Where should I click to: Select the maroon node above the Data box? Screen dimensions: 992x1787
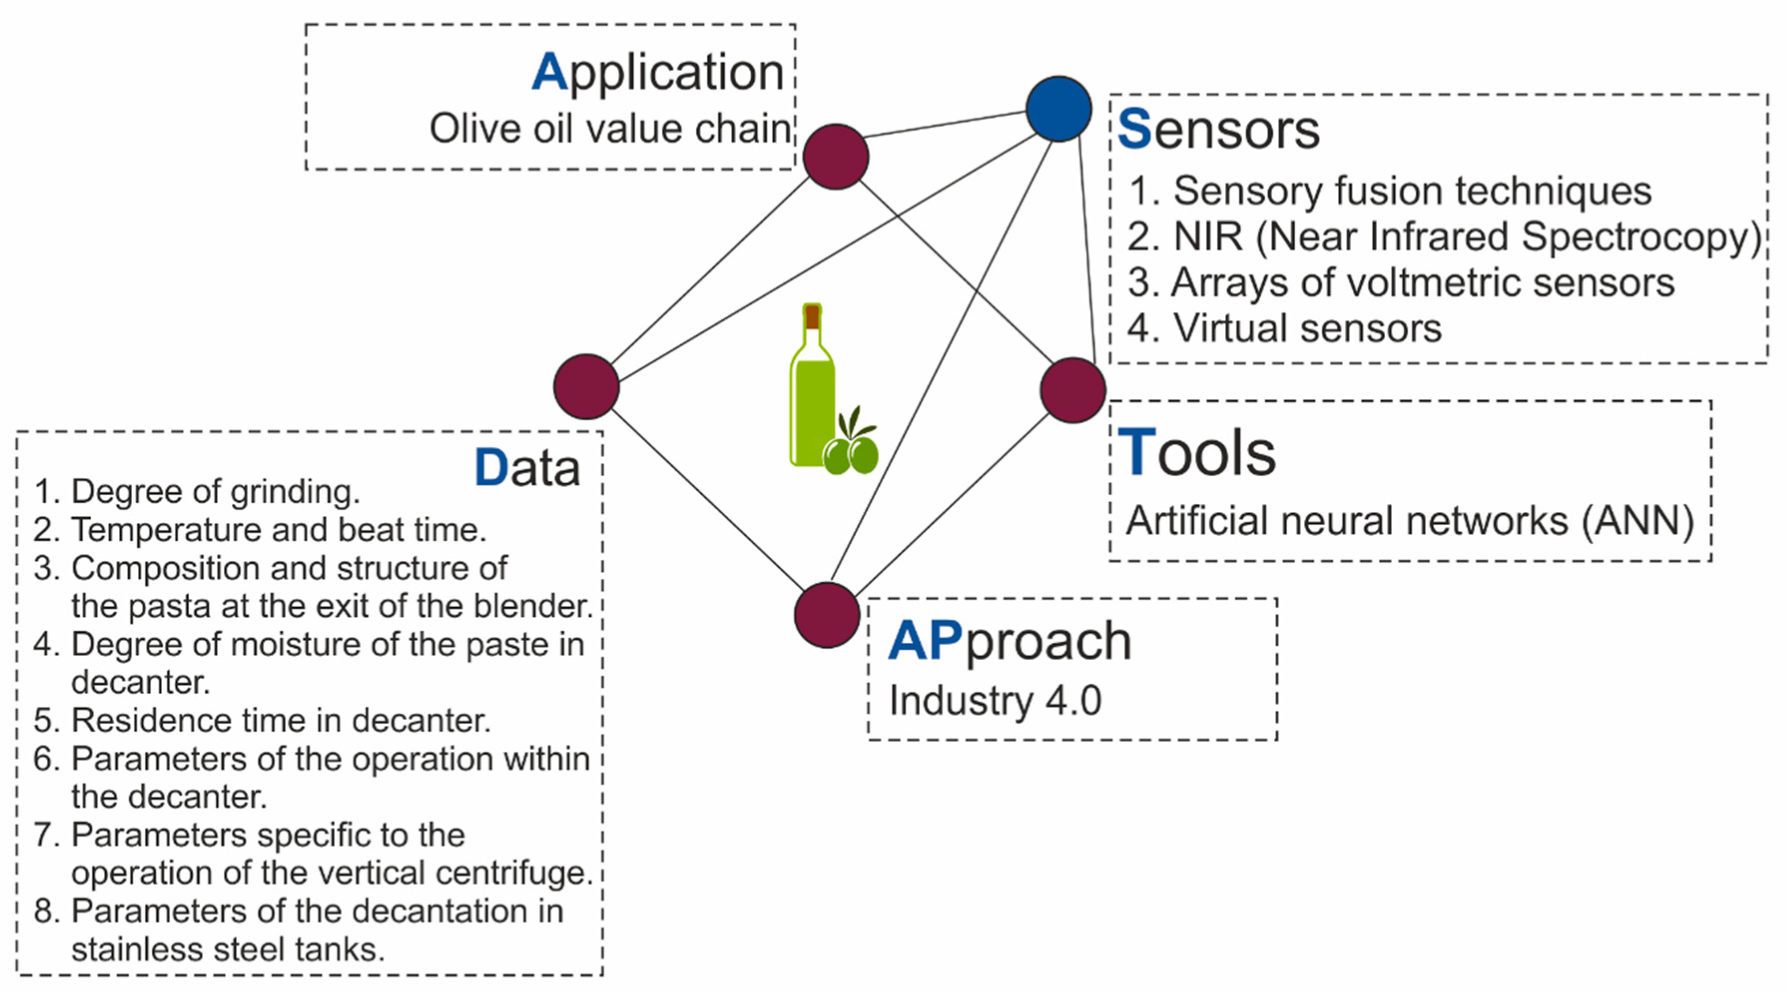click(x=586, y=386)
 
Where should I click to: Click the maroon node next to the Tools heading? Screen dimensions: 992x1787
click(x=1073, y=390)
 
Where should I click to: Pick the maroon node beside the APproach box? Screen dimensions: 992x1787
click(x=827, y=615)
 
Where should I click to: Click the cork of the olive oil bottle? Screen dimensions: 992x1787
click(x=812, y=317)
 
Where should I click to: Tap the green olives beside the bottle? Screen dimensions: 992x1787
click(x=852, y=454)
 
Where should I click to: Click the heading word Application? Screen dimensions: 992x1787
click(x=657, y=72)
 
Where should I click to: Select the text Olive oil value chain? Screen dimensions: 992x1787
click(x=610, y=129)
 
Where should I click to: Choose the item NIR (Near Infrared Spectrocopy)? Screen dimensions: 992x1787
click(x=1443, y=237)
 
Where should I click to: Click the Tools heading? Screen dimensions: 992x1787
click(x=1196, y=453)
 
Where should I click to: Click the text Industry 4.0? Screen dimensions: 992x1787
click(x=995, y=700)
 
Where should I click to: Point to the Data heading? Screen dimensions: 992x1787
click(x=527, y=468)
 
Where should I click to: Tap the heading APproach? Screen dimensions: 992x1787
click(x=1009, y=641)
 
